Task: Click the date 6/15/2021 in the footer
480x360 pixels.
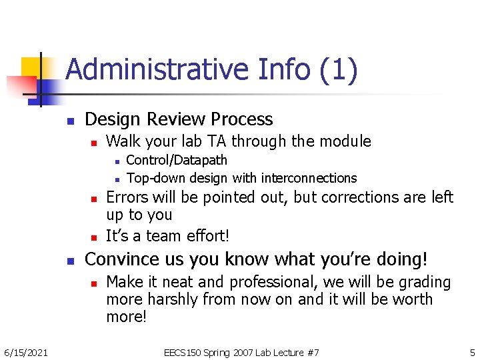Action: pyautogui.click(x=25, y=352)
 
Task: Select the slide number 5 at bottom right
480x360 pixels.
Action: pyautogui.click(x=472, y=352)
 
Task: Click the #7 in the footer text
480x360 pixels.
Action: pyautogui.click(x=312, y=352)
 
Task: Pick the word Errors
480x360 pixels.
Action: pyautogui.click(x=127, y=197)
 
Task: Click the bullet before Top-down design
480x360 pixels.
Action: pyautogui.click(x=117, y=179)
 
